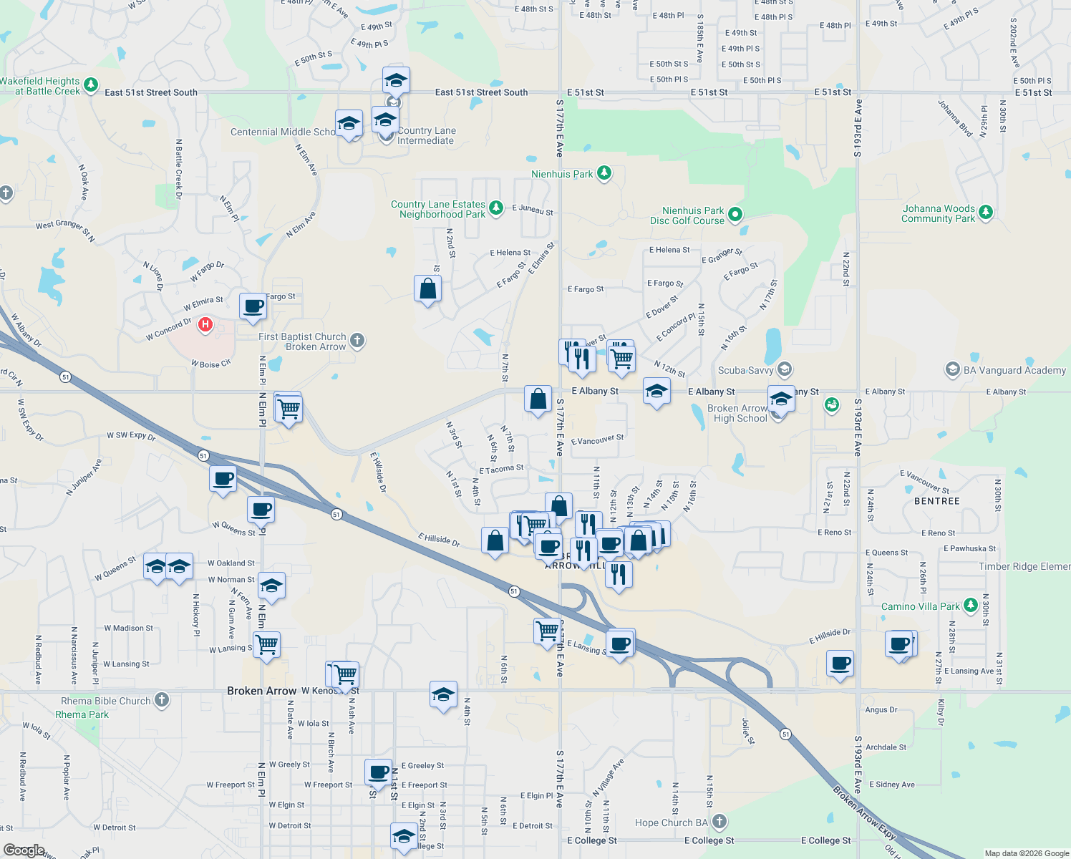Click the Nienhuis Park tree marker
pyautogui.click(x=604, y=173)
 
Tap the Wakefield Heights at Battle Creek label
pyautogui.click(x=40, y=86)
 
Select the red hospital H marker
pyautogui.click(x=205, y=325)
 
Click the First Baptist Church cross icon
pyautogui.click(x=357, y=341)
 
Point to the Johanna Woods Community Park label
pyautogui.click(x=939, y=214)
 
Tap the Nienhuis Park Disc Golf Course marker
pyautogui.click(x=735, y=215)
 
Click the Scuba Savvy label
pyautogui.click(x=745, y=370)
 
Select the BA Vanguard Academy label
pyautogui.click(x=1014, y=370)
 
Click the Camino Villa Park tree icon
pyautogui.click(x=970, y=606)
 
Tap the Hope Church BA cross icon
pyautogui.click(x=720, y=822)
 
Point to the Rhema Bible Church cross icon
pyautogui.click(x=162, y=700)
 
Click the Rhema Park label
pyautogui.click(x=82, y=714)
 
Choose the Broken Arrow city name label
pyautogui.click(x=261, y=691)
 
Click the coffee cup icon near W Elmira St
pyautogui.click(x=253, y=306)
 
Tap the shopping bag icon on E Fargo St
pyautogui.click(x=427, y=288)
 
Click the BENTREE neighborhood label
pyautogui.click(x=936, y=501)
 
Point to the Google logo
pyautogui.click(x=24, y=850)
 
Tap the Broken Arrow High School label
pyautogui.click(x=737, y=413)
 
